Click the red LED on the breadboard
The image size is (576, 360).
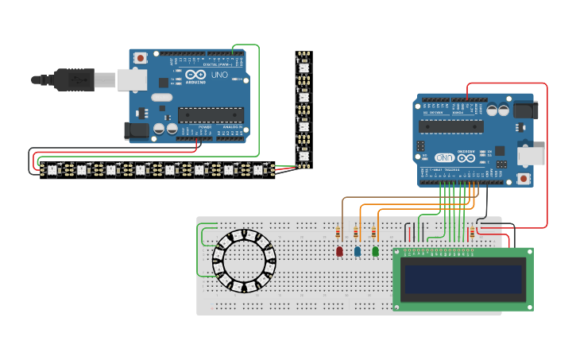coord(339,251)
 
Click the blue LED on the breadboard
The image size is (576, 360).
coord(358,251)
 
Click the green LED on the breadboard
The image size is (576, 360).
coord(376,251)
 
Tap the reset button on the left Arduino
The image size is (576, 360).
coord(141,58)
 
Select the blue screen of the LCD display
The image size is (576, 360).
coord(462,279)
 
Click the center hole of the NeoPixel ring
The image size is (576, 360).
coord(244,261)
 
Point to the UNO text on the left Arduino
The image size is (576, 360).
coord(219,75)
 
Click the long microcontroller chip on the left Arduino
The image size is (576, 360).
coord(210,114)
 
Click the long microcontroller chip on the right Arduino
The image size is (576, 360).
coord(451,126)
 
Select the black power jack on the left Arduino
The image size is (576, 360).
coord(136,130)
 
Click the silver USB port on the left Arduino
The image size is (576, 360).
coord(132,79)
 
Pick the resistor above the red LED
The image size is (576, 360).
coord(338,232)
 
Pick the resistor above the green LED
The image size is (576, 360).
coord(374,232)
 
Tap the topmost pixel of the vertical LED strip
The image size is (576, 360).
coord(303,68)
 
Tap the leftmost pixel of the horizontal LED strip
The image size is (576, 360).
coord(52,169)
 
